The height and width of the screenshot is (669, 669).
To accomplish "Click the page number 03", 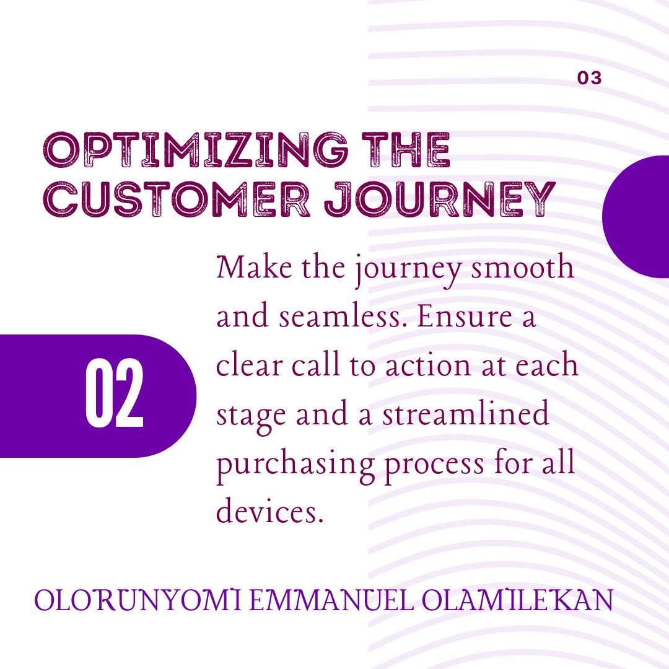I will tap(589, 79).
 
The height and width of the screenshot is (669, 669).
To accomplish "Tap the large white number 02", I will tap(115, 395).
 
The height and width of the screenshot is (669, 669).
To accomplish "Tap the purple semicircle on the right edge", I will tap(638, 216).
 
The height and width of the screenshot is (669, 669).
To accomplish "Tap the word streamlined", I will tap(465, 414).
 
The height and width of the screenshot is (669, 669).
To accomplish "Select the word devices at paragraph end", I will tap(270, 512).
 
